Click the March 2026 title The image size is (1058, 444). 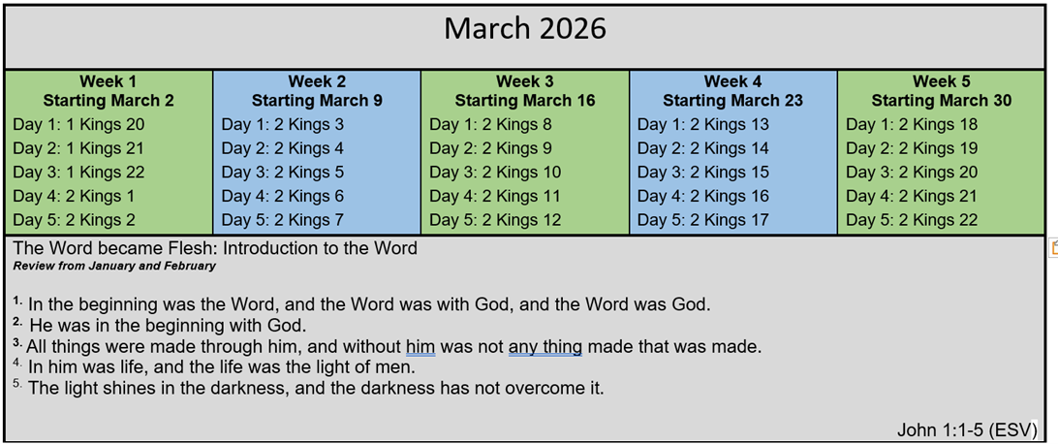(x=525, y=29)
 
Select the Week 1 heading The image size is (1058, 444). (x=109, y=81)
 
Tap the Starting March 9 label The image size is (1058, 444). (x=317, y=101)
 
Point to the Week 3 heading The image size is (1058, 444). (x=525, y=81)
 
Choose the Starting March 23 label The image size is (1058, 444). (x=732, y=101)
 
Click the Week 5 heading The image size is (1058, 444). (x=942, y=81)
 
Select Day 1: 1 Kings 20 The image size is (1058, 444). (x=78, y=125)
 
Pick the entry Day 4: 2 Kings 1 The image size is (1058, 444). (x=74, y=197)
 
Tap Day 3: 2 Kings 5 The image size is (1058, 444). (x=283, y=173)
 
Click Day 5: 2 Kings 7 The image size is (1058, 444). (x=283, y=220)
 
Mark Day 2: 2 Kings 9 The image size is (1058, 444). (x=490, y=148)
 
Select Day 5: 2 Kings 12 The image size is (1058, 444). (x=495, y=220)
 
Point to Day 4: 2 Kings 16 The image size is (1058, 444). (x=703, y=197)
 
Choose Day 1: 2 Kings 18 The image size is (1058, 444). (x=912, y=125)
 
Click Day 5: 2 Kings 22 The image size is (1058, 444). (x=912, y=220)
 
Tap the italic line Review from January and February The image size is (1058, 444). (x=114, y=266)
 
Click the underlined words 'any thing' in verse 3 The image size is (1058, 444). (x=545, y=348)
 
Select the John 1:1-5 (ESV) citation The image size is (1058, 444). (x=966, y=429)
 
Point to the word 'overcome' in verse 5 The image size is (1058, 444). (x=547, y=389)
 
